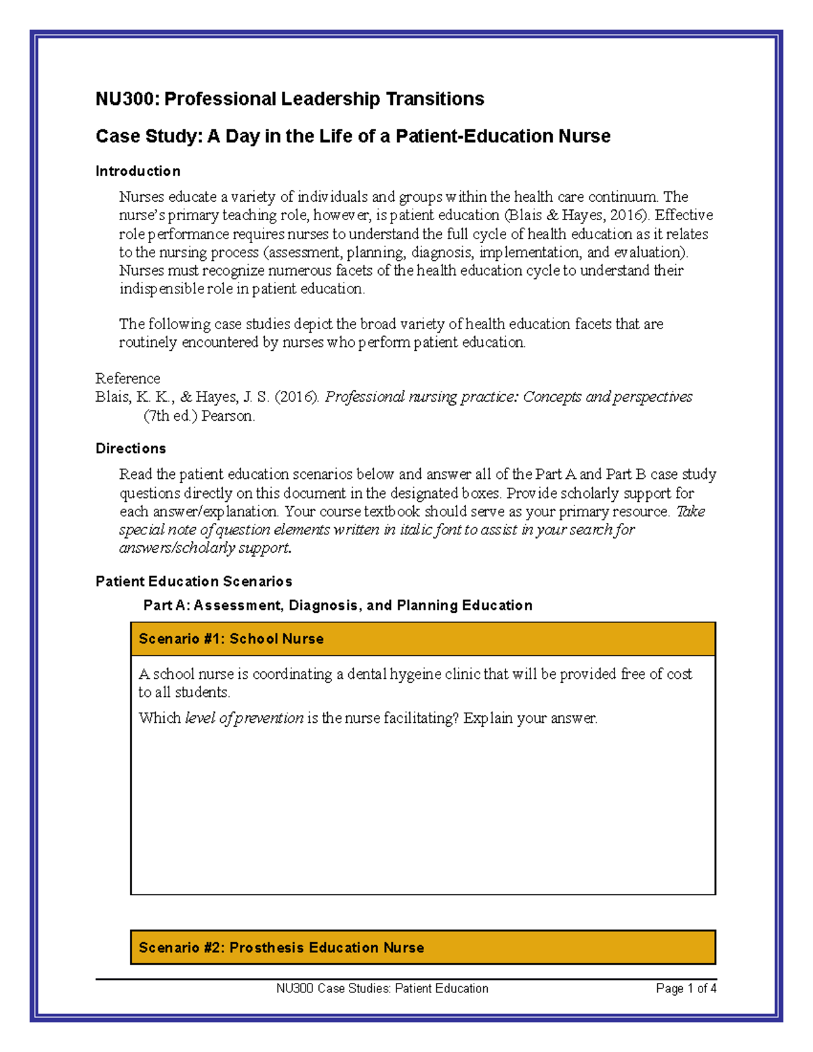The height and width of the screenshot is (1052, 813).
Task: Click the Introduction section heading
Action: point(138,171)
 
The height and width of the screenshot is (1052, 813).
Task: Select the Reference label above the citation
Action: point(127,378)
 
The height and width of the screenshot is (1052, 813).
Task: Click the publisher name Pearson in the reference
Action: point(228,416)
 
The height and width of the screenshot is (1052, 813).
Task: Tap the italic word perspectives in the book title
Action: point(653,397)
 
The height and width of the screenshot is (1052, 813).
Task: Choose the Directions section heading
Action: point(130,448)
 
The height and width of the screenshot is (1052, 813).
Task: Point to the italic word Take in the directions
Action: point(690,511)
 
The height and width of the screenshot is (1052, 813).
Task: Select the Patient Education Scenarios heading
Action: point(194,581)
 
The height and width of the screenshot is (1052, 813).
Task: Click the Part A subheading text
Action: point(337,605)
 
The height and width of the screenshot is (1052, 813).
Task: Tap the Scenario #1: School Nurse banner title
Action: point(231,639)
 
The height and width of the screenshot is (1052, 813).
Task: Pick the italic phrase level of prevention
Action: point(244,718)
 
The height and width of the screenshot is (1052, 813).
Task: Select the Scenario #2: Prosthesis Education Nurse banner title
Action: point(281,948)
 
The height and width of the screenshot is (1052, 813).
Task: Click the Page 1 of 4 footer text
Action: point(686,988)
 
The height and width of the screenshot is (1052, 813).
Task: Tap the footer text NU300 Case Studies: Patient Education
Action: point(382,988)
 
